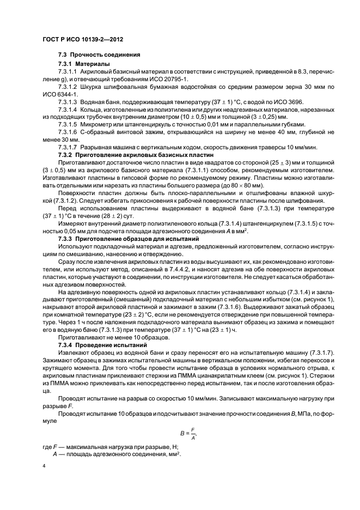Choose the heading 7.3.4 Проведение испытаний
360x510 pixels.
click(103, 345)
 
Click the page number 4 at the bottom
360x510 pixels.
click(44, 467)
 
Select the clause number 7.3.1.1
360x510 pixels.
click(68, 72)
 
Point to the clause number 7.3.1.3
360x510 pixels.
click(68, 102)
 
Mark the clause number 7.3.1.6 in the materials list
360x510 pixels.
click(68, 132)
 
